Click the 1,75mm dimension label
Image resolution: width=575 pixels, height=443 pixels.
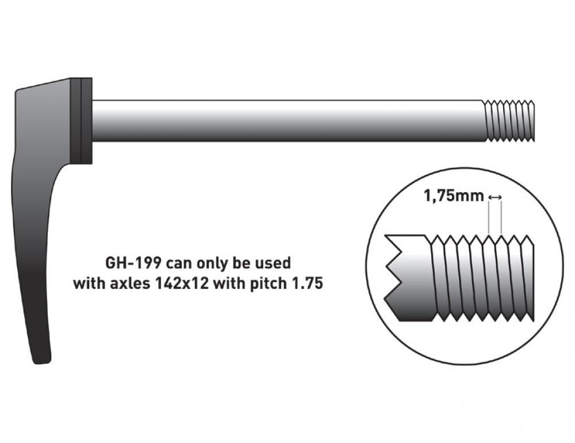(454, 196)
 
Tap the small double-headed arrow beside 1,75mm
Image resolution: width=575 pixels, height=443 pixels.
(494, 197)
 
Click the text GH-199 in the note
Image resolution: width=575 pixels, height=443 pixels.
(133, 263)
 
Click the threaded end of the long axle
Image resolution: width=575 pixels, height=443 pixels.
(509, 120)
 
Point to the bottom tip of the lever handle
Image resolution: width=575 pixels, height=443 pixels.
(41, 362)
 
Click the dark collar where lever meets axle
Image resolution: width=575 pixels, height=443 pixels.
(81, 121)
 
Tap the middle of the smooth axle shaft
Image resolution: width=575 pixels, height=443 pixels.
(288, 120)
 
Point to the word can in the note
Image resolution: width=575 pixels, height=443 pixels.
(179, 263)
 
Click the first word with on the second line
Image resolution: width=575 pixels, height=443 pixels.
(90, 283)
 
